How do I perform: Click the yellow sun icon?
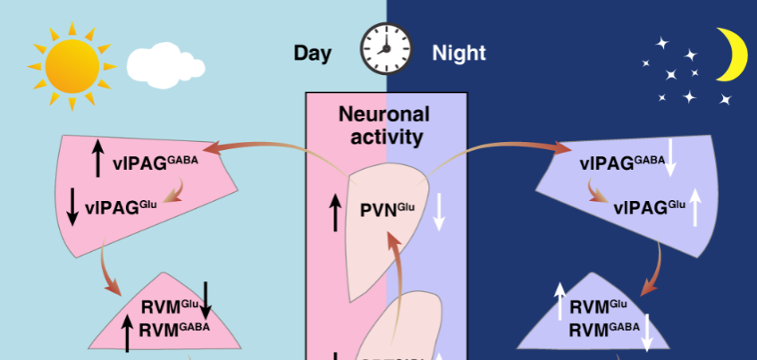[x=71, y=64]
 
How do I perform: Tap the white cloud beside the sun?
[x=166, y=63]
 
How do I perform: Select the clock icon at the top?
[x=386, y=48]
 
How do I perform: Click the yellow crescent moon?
[x=735, y=54]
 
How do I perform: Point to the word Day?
[x=312, y=53]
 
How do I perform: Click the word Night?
[x=458, y=53]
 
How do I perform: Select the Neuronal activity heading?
[x=383, y=125]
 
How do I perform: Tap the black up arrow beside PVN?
[x=335, y=213]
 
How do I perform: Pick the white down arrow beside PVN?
[x=439, y=212]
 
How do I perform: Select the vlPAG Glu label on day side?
[x=121, y=206]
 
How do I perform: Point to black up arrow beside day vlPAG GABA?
[x=97, y=157]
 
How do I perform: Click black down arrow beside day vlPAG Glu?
[x=73, y=205]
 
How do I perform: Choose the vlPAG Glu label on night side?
[x=650, y=206]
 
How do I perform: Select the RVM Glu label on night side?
[x=598, y=306]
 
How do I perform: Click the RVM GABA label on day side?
[x=174, y=328]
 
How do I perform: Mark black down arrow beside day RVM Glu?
[x=206, y=299]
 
